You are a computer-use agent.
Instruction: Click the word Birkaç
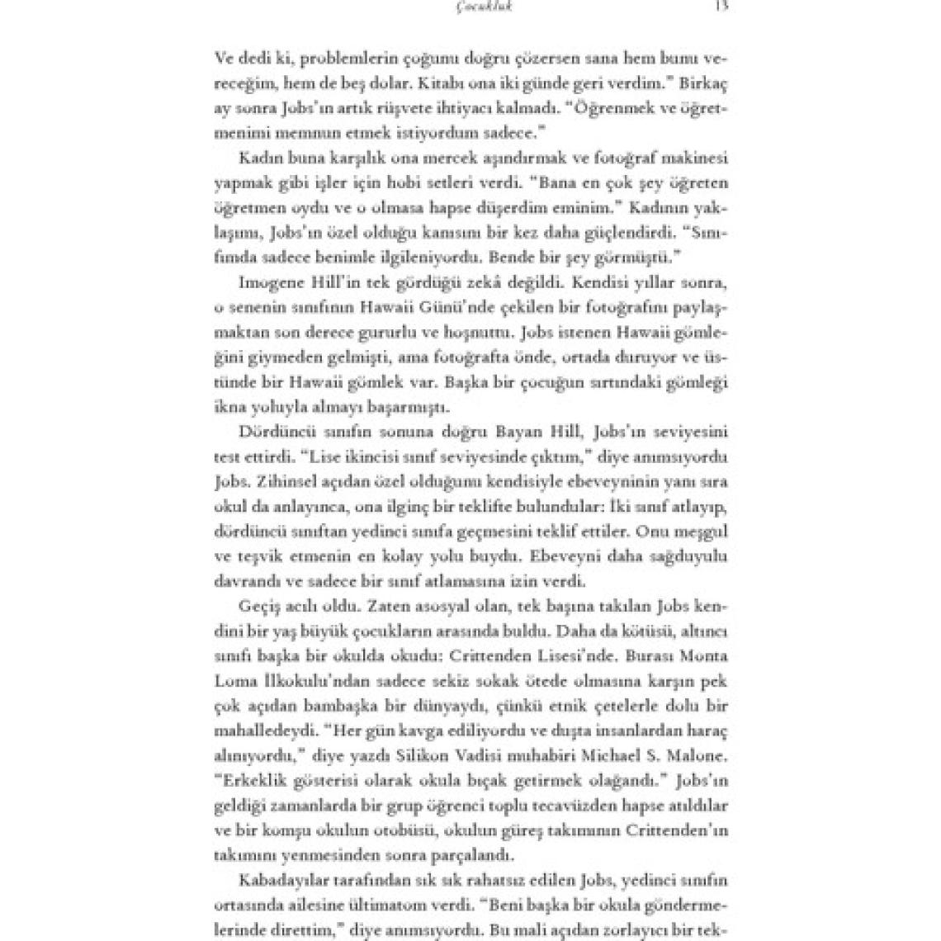[702, 83]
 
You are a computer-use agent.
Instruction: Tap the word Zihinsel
[287, 481]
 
